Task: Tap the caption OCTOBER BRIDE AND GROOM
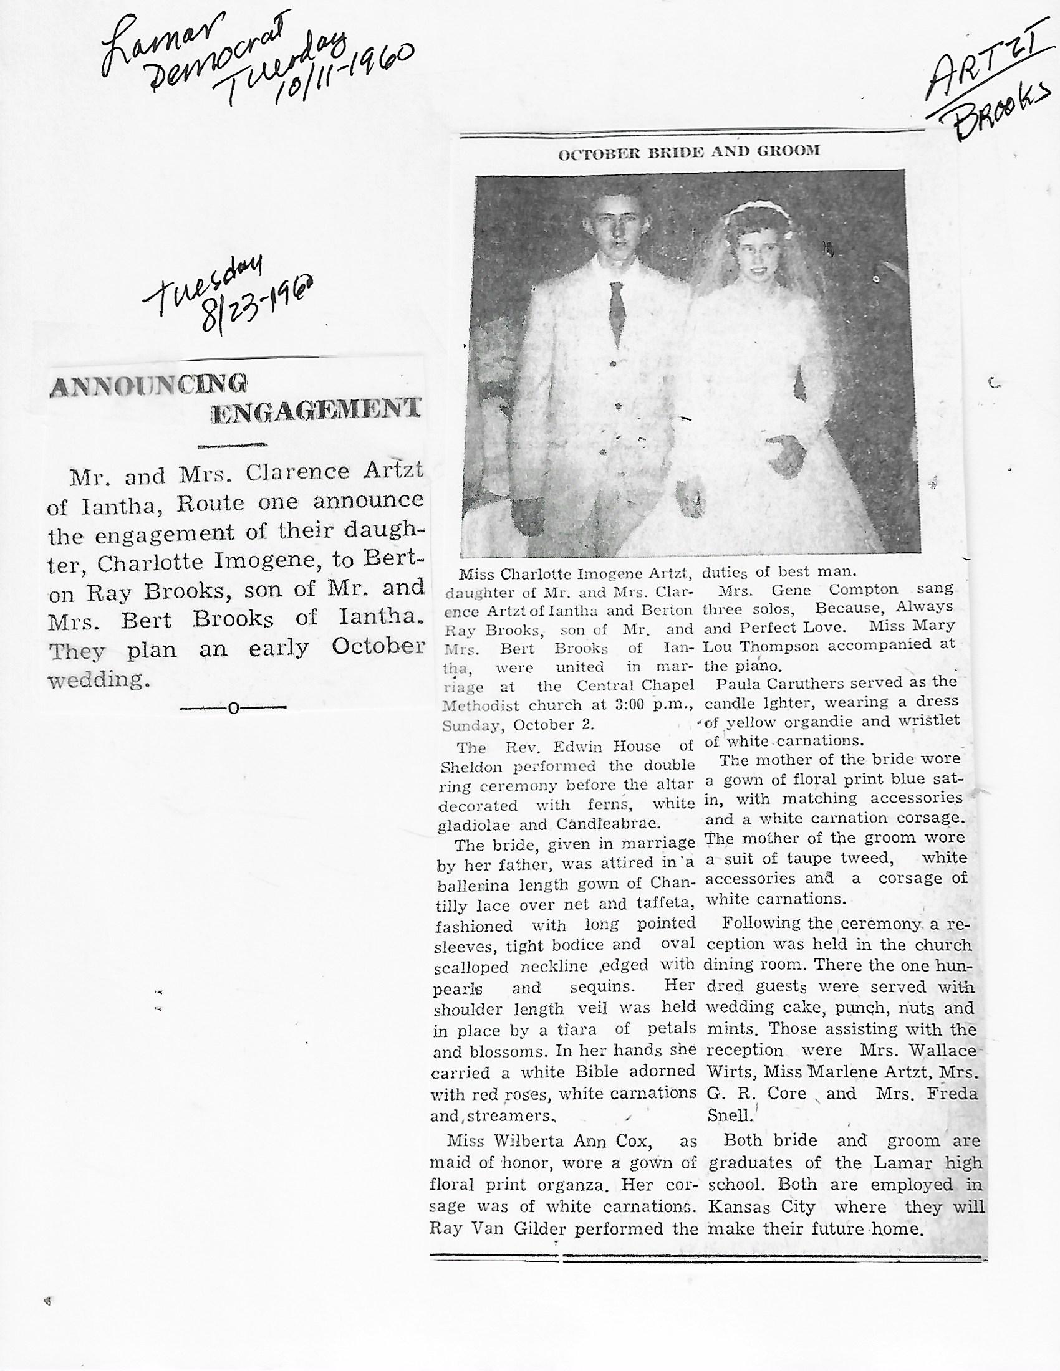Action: coord(689,151)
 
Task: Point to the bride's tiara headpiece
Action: coord(747,208)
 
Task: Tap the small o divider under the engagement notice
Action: coord(234,708)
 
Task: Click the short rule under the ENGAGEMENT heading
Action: coord(233,446)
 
